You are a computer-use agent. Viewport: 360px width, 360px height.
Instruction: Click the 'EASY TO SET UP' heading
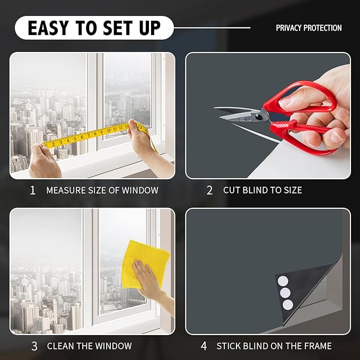coord(94,28)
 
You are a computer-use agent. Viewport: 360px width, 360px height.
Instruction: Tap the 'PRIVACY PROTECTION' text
coord(309,28)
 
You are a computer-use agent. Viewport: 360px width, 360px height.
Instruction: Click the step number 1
coord(32,190)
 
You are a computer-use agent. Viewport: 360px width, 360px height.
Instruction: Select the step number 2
coord(209,190)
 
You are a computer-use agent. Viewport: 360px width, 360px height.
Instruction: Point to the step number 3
coord(34,346)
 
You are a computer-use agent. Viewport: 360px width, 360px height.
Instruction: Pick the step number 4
coord(204,346)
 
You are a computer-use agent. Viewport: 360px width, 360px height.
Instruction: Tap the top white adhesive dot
coord(283,281)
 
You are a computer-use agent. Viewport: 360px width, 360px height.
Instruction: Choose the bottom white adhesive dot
coord(288,304)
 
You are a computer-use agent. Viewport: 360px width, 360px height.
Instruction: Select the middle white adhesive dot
coord(285,293)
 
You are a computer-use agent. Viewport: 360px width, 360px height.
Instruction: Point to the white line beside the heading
coord(212,28)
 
